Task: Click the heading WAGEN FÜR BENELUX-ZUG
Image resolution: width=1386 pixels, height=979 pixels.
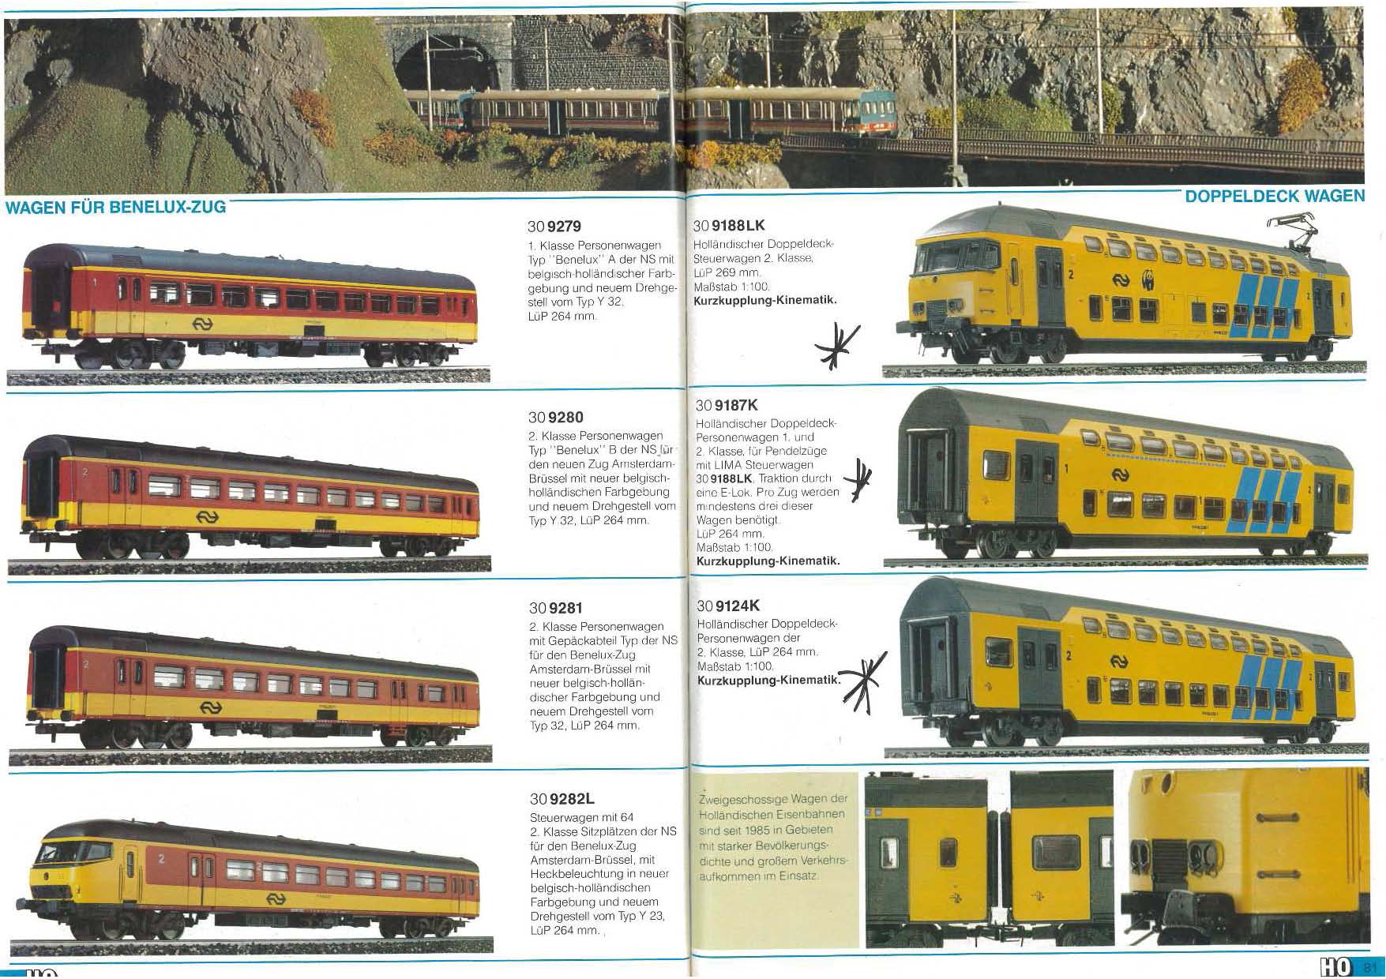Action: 115,208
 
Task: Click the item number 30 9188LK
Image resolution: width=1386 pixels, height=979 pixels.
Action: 729,226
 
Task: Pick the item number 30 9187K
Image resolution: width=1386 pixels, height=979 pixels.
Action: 727,406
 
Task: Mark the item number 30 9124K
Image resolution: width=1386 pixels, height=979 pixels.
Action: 728,606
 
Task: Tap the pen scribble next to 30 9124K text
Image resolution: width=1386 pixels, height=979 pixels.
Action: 860,677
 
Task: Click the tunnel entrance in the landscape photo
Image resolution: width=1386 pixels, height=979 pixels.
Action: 446,63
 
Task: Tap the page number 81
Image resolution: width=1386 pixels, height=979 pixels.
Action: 1369,967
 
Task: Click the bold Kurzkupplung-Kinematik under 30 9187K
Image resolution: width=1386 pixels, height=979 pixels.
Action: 768,561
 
